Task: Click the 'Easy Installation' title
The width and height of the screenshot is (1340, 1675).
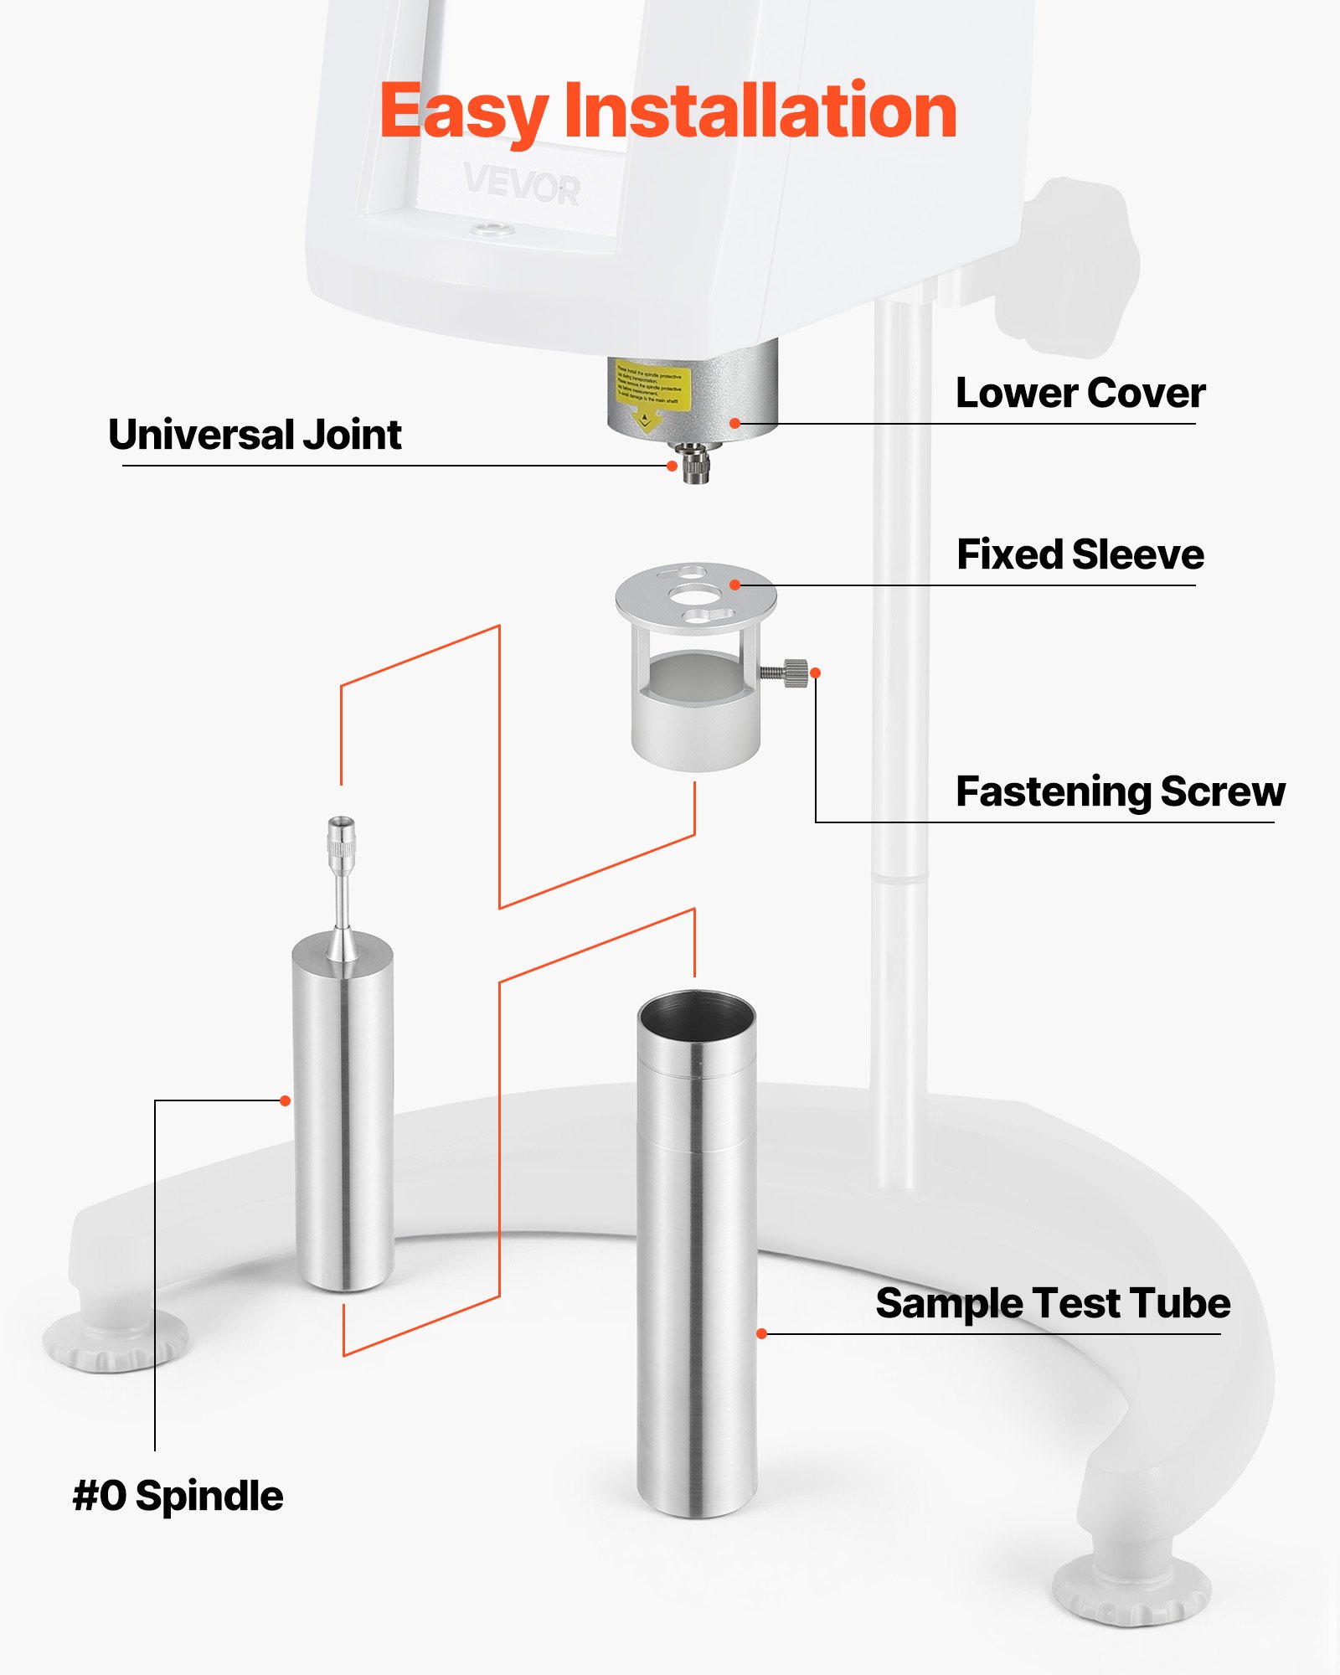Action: (x=668, y=111)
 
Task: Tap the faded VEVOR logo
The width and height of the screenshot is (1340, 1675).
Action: (x=521, y=185)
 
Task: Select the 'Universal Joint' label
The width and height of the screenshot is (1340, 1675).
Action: (x=255, y=435)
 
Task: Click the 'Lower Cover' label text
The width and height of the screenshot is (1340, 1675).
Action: (x=1080, y=393)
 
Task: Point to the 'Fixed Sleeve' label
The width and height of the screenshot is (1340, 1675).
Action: (x=1080, y=554)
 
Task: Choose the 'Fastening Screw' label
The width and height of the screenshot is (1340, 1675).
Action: (x=1121, y=791)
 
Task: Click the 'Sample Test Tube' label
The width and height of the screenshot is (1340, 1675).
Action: (x=1053, y=1304)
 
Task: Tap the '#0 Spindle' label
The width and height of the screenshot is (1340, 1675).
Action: (x=178, y=1496)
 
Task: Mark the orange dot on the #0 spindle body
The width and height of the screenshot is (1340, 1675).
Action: (x=286, y=1100)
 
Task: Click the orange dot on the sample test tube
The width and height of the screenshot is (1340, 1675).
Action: (x=761, y=1333)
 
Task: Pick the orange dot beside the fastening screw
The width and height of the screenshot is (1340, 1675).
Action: (x=816, y=673)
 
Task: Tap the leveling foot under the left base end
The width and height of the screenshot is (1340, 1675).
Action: (x=115, y=1340)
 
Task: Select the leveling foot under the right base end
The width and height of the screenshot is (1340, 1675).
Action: (x=1131, y=1590)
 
